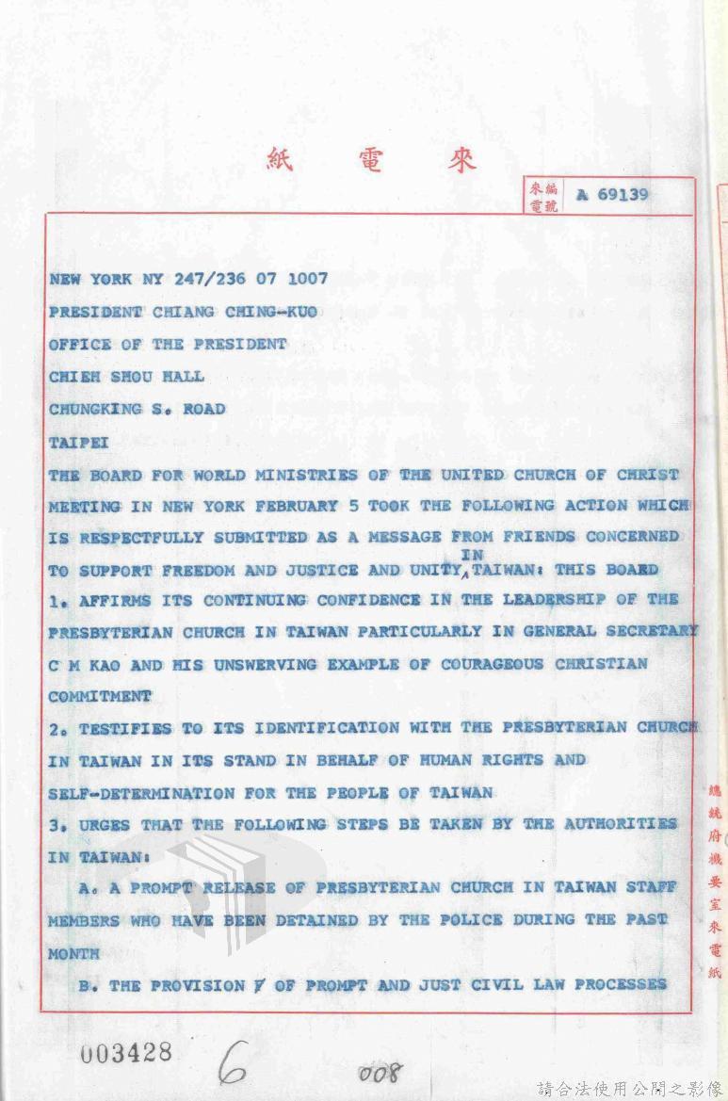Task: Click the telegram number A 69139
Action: pyautogui.click(x=612, y=195)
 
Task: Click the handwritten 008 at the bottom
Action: pyautogui.click(x=380, y=1072)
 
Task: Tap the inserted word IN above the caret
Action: pyautogui.click(x=472, y=555)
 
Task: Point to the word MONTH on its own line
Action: pyautogui.click(x=73, y=953)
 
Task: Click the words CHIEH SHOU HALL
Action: pyautogui.click(x=126, y=376)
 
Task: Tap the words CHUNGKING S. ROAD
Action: pyautogui.click(x=137, y=408)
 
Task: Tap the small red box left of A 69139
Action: pyautogui.click(x=542, y=196)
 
